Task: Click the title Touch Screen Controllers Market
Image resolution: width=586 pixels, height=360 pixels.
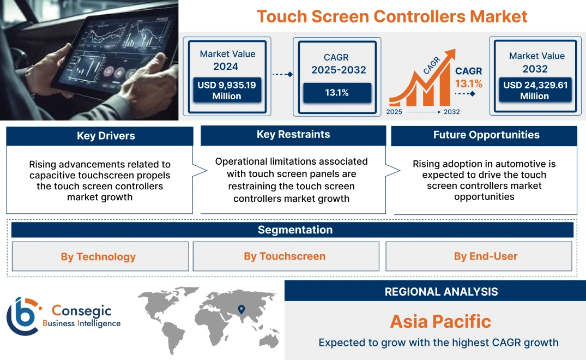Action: tap(392, 16)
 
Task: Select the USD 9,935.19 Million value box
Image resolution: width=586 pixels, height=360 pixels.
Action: tap(226, 90)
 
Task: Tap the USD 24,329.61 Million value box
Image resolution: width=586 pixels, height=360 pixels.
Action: tap(534, 90)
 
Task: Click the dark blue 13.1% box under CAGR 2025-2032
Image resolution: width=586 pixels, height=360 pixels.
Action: tap(337, 93)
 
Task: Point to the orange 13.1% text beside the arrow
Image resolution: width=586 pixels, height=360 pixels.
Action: tap(469, 83)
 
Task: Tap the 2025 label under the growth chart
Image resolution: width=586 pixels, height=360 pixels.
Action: tap(395, 112)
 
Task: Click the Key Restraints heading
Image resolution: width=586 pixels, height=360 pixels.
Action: tap(293, 135)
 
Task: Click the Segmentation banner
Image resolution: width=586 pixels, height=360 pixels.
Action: tap(295, 230)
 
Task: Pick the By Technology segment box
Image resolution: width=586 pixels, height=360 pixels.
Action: tap(98, 256)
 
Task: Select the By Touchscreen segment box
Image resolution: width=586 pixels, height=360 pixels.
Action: tap(285, 256)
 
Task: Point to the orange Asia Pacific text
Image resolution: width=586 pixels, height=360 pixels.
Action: tap(440, 321)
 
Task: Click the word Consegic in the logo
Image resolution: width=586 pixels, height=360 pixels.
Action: tap(81, 311)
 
